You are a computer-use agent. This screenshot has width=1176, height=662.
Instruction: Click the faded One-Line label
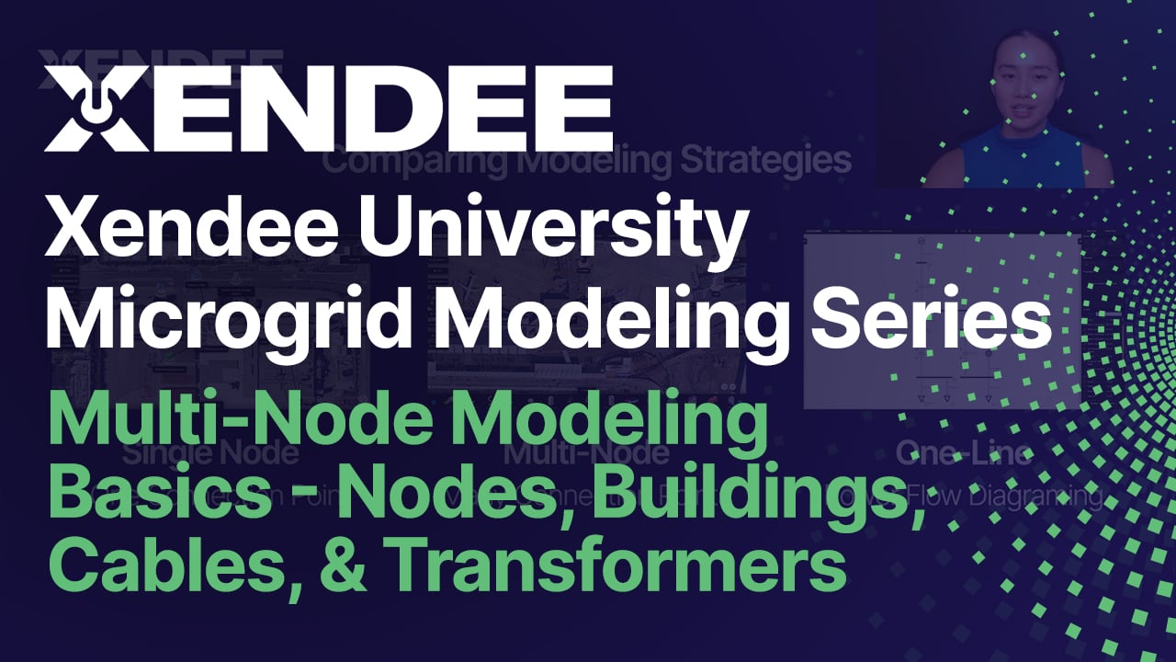click(x=964, y=453)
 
